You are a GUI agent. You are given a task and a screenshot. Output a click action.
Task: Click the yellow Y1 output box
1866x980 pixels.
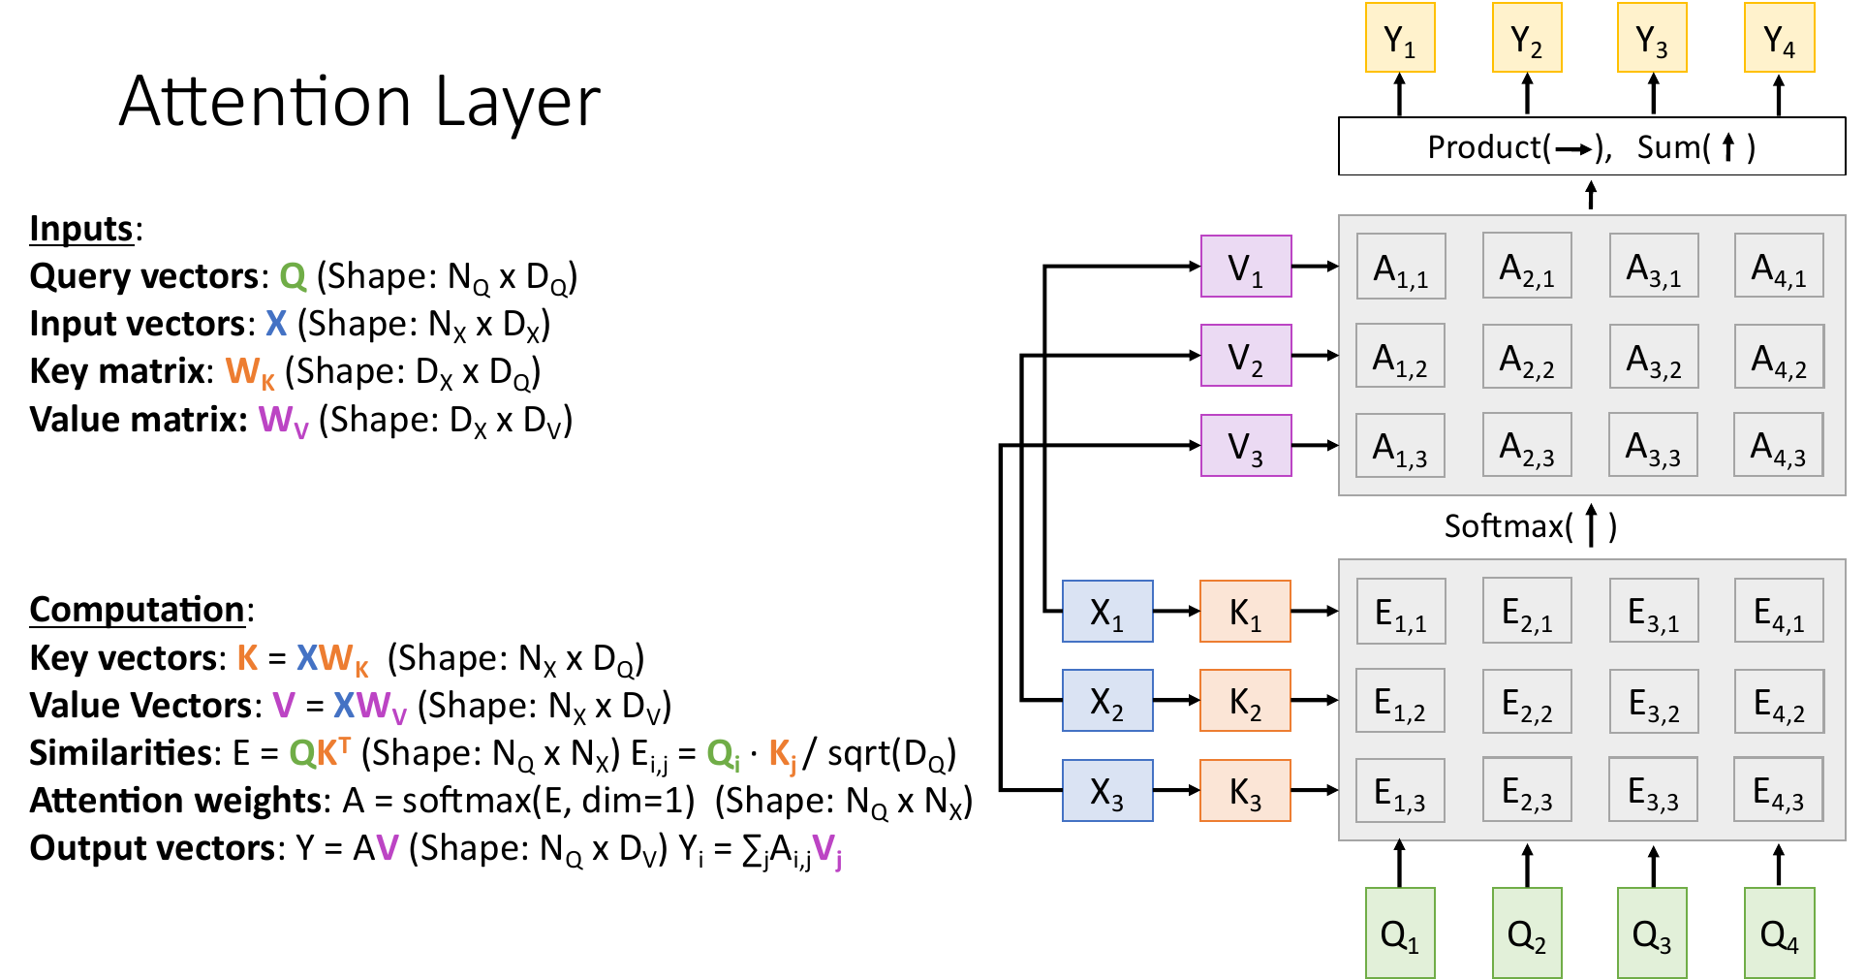(x=1399, y=38)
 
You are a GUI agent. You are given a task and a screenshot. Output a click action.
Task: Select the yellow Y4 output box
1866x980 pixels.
(x=1778, y=38)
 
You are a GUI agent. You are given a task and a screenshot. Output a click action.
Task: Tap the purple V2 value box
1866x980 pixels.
(x=1245, y=356)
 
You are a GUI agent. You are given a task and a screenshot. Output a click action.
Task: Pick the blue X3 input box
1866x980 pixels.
(x=1107, y=790)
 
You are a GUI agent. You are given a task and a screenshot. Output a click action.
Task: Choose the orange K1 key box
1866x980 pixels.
(x=1245, y=611)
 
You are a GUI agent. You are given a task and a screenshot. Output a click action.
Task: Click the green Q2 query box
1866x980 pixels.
(x=1526, y=933)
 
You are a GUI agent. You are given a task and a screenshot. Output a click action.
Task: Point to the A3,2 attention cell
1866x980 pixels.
(x=1653, y=356)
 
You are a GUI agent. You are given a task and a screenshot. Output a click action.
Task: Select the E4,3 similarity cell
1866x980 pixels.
(x=1778, y=790)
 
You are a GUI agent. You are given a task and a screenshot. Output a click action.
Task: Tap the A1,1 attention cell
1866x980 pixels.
(x=1400, y=266)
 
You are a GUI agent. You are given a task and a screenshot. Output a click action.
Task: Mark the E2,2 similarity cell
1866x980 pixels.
(x=1526, y=701)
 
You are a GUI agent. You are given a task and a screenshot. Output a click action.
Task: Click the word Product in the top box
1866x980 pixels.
(x=1483, y=147)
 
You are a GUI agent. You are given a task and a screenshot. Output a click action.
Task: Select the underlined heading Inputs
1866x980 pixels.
(x=81, y=229)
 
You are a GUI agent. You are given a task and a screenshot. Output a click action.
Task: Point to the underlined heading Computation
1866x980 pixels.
(x=137, y=610)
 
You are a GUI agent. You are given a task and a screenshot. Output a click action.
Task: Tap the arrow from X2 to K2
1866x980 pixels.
(x=1176, y=700)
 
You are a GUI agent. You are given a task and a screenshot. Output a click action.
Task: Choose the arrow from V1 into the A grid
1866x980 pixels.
(x=1315, y=266)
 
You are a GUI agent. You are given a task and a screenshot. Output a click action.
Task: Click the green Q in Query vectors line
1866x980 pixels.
(x=293, y=276)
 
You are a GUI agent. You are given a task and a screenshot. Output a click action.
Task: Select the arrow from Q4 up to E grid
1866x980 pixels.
(x=1778, y=865)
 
